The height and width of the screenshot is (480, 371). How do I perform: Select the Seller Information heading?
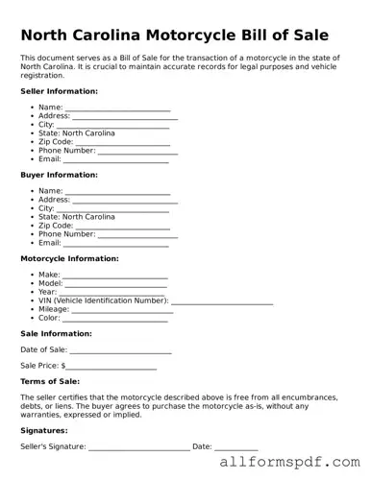coord(59,91)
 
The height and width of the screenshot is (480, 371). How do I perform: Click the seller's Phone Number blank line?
coord(137,153)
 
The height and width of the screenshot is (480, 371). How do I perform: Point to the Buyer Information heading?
coord(59,175)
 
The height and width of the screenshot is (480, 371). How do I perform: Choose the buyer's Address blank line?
coord(125,202)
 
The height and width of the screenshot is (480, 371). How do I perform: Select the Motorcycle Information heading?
coord(69,258)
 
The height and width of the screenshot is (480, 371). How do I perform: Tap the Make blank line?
coord(114,276)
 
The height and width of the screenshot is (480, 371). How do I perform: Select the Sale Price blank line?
coord(111,368)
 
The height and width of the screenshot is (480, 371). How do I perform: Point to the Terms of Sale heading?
coord(50,382)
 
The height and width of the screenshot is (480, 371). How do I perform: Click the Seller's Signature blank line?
coord(138,448)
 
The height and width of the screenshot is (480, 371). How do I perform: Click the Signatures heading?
coord(44,431)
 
